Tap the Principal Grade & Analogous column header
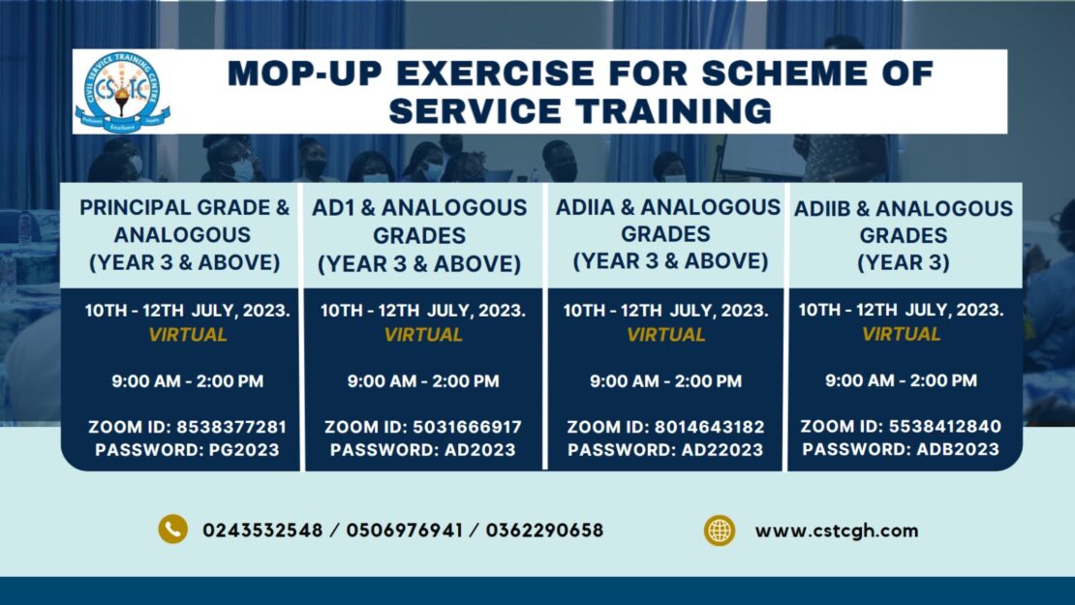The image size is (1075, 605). point(184,234)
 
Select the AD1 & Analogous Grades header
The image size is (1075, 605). point(419,235)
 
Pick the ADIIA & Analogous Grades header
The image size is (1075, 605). point(667,233)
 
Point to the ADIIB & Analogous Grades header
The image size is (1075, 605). point(903,235)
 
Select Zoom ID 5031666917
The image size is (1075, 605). point(469,427)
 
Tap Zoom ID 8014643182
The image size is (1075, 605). point(712,427)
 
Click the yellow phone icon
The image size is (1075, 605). point(172,529)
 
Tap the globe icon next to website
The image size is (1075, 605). point(719,530)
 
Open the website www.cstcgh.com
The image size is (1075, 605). point(836,530)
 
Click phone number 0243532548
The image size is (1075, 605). point(262,530)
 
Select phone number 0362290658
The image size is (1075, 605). point(544,530)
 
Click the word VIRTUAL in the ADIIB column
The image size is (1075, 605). point(902,334)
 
